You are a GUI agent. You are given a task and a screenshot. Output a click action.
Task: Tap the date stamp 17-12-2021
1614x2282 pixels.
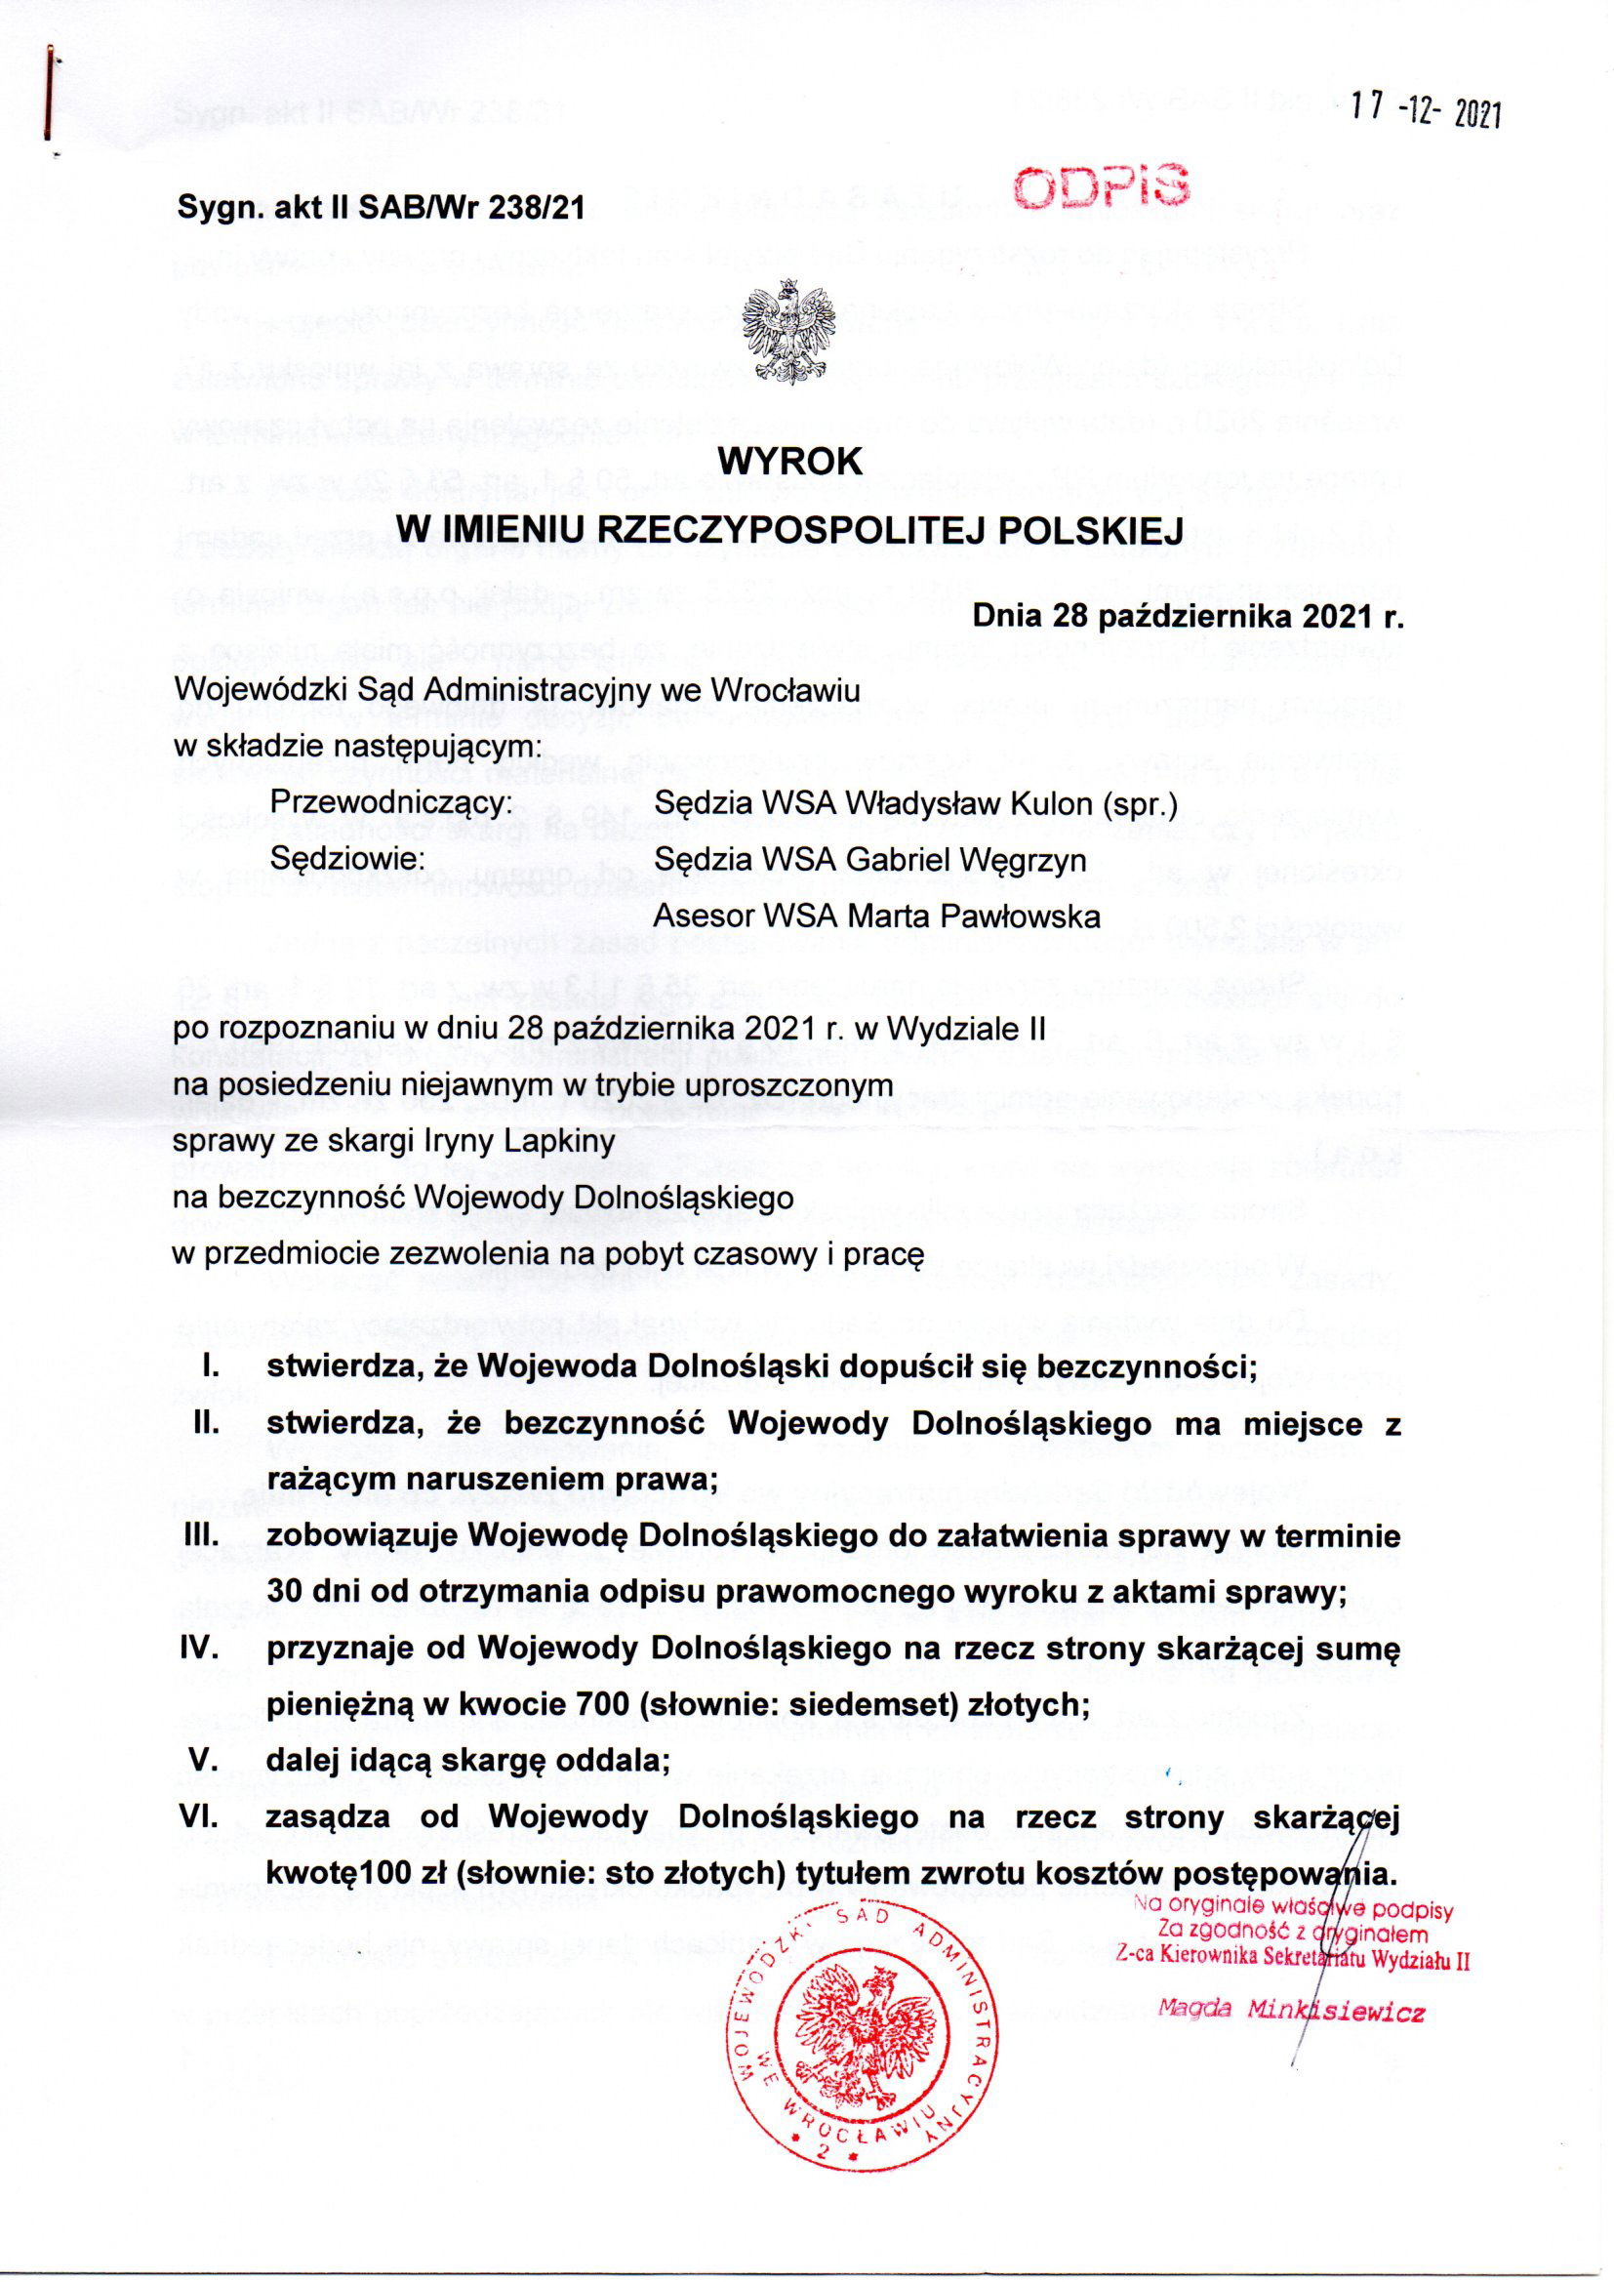click(1428, 113)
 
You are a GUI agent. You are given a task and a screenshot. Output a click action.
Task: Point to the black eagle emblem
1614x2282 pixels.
click(792, 335)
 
